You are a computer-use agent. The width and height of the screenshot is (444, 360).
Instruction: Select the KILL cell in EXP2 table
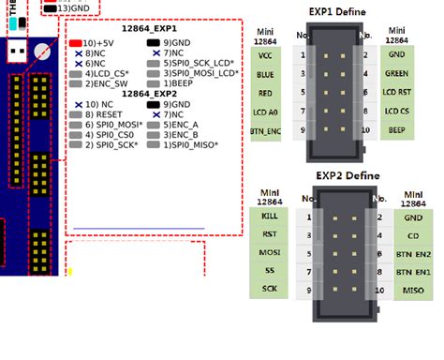[270, 216]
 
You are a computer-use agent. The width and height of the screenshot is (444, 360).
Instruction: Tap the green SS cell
[270, 271]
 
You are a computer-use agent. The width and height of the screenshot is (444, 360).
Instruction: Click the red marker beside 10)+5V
[75, 43]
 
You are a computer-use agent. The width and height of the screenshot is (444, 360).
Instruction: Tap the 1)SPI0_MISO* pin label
[187, 145]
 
